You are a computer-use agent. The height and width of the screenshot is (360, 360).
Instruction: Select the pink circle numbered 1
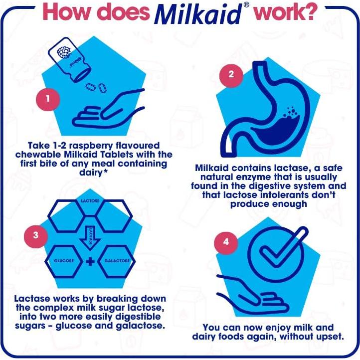[48, 98]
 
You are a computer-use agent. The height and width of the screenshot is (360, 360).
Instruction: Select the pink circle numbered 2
[231, 75]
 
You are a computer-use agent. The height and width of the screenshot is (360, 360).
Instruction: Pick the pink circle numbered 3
[36, 235]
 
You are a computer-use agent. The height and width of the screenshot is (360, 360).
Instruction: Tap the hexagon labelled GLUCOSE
[64, 261]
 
